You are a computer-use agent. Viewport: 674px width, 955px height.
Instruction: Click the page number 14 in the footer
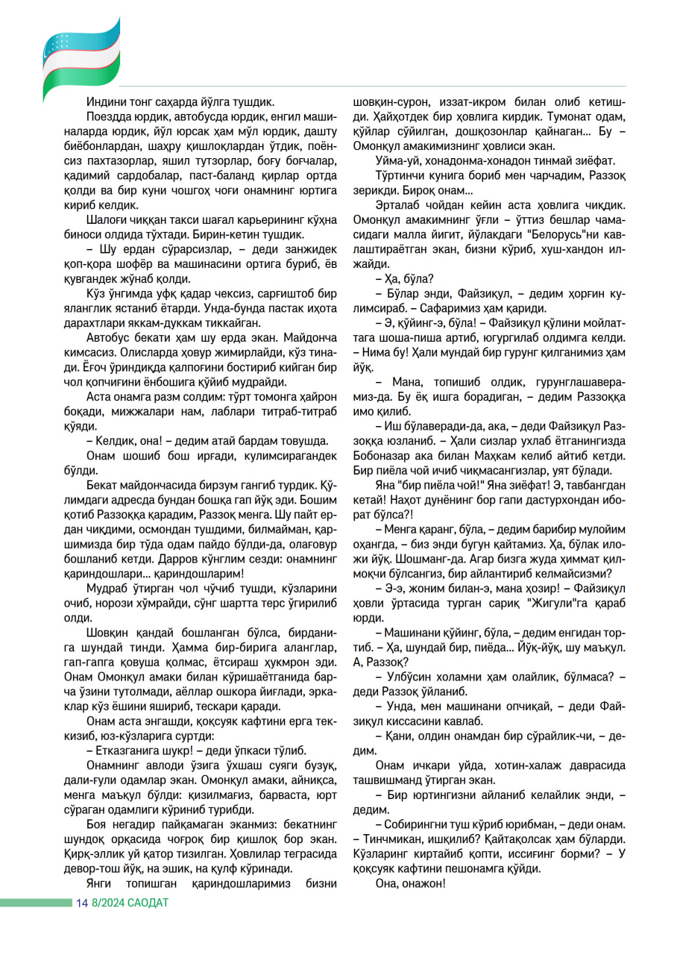81,903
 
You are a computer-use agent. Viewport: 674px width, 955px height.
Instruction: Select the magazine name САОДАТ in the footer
149,903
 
